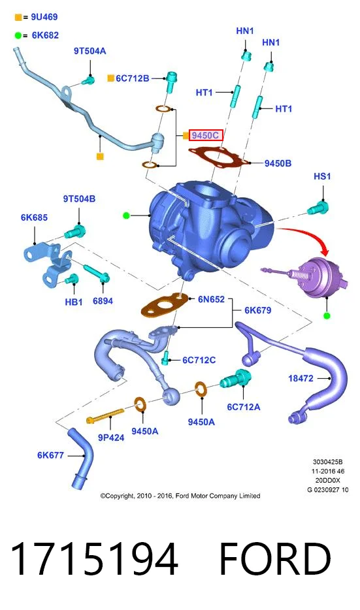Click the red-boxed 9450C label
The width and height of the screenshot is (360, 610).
[206, 135]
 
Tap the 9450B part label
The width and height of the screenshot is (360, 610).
[278, 163]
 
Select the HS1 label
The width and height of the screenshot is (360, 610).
[322, 176]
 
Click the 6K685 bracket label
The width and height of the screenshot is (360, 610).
[34, 217]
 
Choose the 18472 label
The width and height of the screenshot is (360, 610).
[301, 378]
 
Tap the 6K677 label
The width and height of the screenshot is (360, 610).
[50, 455]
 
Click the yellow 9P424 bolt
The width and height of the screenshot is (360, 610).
[105, 416]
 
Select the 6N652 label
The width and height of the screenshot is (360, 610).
[211, 299]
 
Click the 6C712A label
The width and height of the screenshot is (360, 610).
[244, 407]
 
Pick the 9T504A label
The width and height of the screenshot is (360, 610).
[90, 51]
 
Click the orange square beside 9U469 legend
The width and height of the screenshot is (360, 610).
[18, 17]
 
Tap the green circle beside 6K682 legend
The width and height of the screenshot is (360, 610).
[18, 35]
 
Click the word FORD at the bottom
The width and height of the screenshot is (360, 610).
[276, 559]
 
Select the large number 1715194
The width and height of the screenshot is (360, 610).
[94, 559]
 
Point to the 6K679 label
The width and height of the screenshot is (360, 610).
[257, 310]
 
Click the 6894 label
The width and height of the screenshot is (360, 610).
[103, 300]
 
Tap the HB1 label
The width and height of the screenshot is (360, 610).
[74, 302]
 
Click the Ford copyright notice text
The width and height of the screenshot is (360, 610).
[180, 496]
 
